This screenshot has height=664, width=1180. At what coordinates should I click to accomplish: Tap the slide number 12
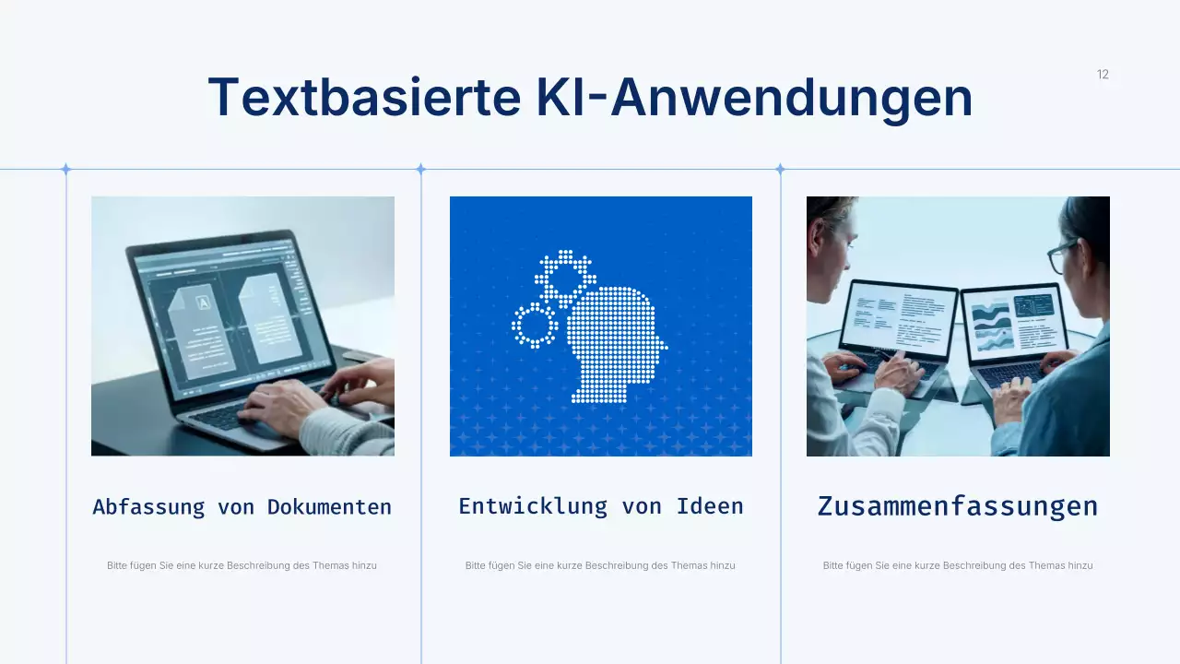(1103, 75)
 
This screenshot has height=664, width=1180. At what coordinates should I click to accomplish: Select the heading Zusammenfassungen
(957, 506)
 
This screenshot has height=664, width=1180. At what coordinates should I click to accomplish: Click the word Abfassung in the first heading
(148, 507)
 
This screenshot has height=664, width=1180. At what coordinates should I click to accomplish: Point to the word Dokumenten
(329, 507)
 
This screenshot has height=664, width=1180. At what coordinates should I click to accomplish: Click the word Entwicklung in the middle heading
(533, 506)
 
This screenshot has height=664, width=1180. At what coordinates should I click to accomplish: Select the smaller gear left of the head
(534, 325)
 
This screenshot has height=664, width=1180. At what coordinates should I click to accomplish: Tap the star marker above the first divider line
(65, 169)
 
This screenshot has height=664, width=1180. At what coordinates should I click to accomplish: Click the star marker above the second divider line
(420, 169)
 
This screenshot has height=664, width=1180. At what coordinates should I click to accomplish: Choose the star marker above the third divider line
(780, 169)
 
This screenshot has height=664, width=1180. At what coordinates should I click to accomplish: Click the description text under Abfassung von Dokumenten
(242, 565)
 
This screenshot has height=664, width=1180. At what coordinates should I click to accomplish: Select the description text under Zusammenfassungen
(957, 565)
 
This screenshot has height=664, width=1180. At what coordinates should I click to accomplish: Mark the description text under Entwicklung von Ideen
(600, 565)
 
